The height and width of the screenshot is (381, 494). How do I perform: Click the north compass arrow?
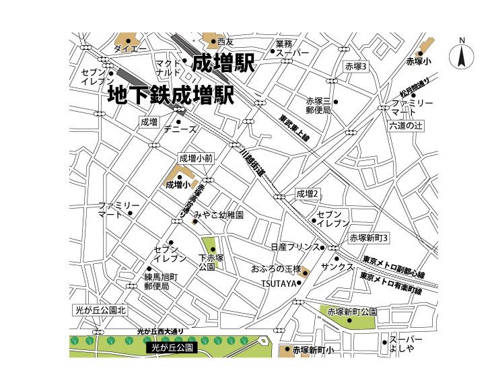[x=462, y=55]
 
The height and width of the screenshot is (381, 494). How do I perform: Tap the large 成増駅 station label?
[x=223, y=64]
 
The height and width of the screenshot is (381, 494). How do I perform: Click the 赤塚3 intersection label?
[x=355, y=67]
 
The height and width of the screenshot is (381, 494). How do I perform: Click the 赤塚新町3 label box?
[x=369, y=238]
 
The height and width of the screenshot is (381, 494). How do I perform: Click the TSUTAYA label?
[x=279, y=283]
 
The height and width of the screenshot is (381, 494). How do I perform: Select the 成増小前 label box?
[x=196, y=158]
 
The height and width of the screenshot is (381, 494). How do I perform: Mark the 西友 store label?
[x=225, y=42]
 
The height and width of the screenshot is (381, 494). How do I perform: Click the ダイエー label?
[x=130, y=49]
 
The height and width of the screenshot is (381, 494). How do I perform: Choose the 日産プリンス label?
[x=295, y=247]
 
